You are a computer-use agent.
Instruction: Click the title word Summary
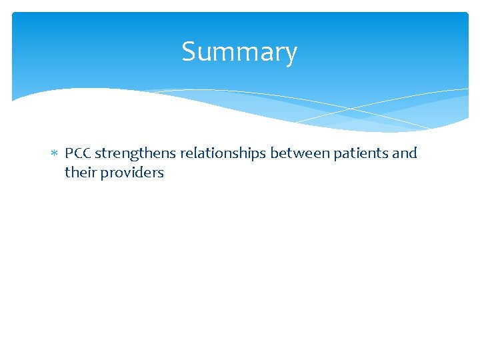click(x=239, y=52)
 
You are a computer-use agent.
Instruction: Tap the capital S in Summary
click(x=188, y=52)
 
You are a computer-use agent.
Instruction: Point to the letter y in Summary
click(x=290, y=55)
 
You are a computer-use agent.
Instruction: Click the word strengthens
click(x=136, y=153)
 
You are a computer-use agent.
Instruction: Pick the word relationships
click(x=223, y=153)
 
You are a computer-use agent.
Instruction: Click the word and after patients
click(x=405, y=153)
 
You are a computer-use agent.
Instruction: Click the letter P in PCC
click(x=69, y=153)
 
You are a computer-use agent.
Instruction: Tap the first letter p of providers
click(x=104, y=174)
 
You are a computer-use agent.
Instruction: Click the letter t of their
click(x=67, y=173)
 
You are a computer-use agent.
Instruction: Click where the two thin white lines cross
click(x=351, y=107)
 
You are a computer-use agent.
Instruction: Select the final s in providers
click(x=161, y=173)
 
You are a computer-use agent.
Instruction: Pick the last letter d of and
click(x=413, y=153)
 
